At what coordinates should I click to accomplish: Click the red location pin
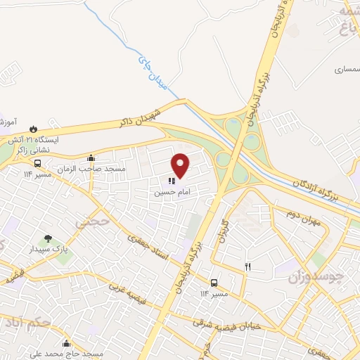pyautogui.click(x=181, y=165)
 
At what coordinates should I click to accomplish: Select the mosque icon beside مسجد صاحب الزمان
pyautogui.click(x=91, y=157)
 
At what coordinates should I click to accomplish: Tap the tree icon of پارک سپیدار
pyautogui.click(x=48, y=238)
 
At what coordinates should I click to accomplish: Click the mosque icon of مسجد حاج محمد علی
pyautogui.click(x=67, y=344)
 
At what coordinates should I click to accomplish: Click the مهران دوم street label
pyautogui.click(x=304, y=214)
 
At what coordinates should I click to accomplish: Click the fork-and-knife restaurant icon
pyautogui.click(x=247, y=266)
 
